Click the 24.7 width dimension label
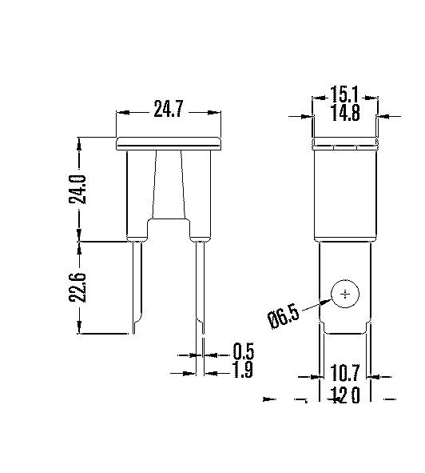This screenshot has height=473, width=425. pyautogui.click(x=169, y=110)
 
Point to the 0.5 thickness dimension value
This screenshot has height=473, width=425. pyautogui.click(x=243, y=351)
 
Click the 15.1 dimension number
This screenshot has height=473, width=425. pyautogui.click(x=344, y=95)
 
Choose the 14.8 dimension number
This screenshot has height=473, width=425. pyautogui.click(x=344, y=114)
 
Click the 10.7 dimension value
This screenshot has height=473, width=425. pyautogui.click(x=344, y=373)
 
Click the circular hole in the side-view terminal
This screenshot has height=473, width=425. pyautogui.click(x=345, y=295)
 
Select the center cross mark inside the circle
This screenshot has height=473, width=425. pyautogui.click(x=345, y=295)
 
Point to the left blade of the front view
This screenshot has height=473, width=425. pyautogui.click(x=137, y=284)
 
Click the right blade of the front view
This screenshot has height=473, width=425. pyautogui.click(x=199, y=284)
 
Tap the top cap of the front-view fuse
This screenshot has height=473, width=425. pyautogui.click(x=169, y=143)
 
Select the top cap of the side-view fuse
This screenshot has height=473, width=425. pyautogui.click(x=344, y=144)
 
